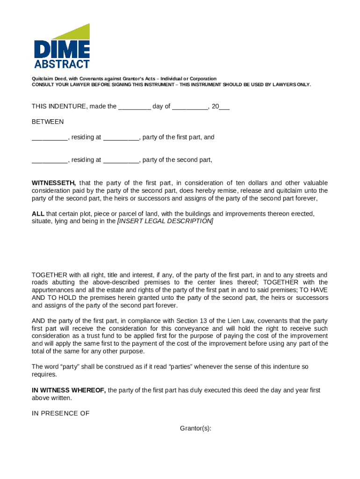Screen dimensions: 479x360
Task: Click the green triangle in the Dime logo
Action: pos(77,32)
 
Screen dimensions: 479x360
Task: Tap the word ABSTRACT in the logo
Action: pos(62,64)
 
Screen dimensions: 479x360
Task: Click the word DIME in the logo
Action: pos(62,49)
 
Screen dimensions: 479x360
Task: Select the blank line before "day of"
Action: pos(134,107)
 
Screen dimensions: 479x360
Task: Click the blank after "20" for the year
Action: pos(224,107)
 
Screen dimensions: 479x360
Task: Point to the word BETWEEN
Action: pos(48,122)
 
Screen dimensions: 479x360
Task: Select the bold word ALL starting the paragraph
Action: pos(38,214)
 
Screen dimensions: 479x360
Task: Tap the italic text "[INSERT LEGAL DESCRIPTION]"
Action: pos(165,221)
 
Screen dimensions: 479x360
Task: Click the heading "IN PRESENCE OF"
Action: pos(60,414)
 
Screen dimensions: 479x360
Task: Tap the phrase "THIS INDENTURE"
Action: pos(59,107)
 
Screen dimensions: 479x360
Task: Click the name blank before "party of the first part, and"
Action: pos(50,138)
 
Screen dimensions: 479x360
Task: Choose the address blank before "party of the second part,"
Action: pos(121,160)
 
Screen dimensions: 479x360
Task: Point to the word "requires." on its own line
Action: pos(44,375)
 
